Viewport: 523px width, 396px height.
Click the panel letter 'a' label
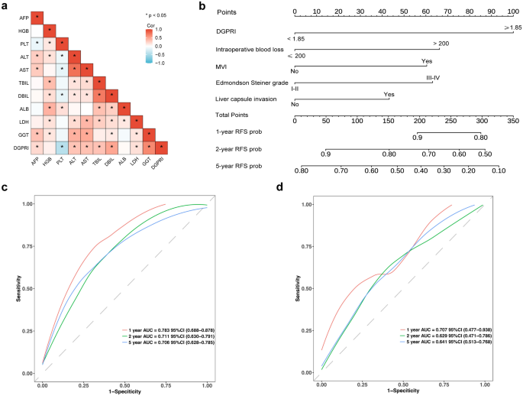click(5, 7)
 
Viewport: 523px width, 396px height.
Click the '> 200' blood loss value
click(441, 44)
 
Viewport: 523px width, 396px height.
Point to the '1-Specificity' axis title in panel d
click(402, 390)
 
